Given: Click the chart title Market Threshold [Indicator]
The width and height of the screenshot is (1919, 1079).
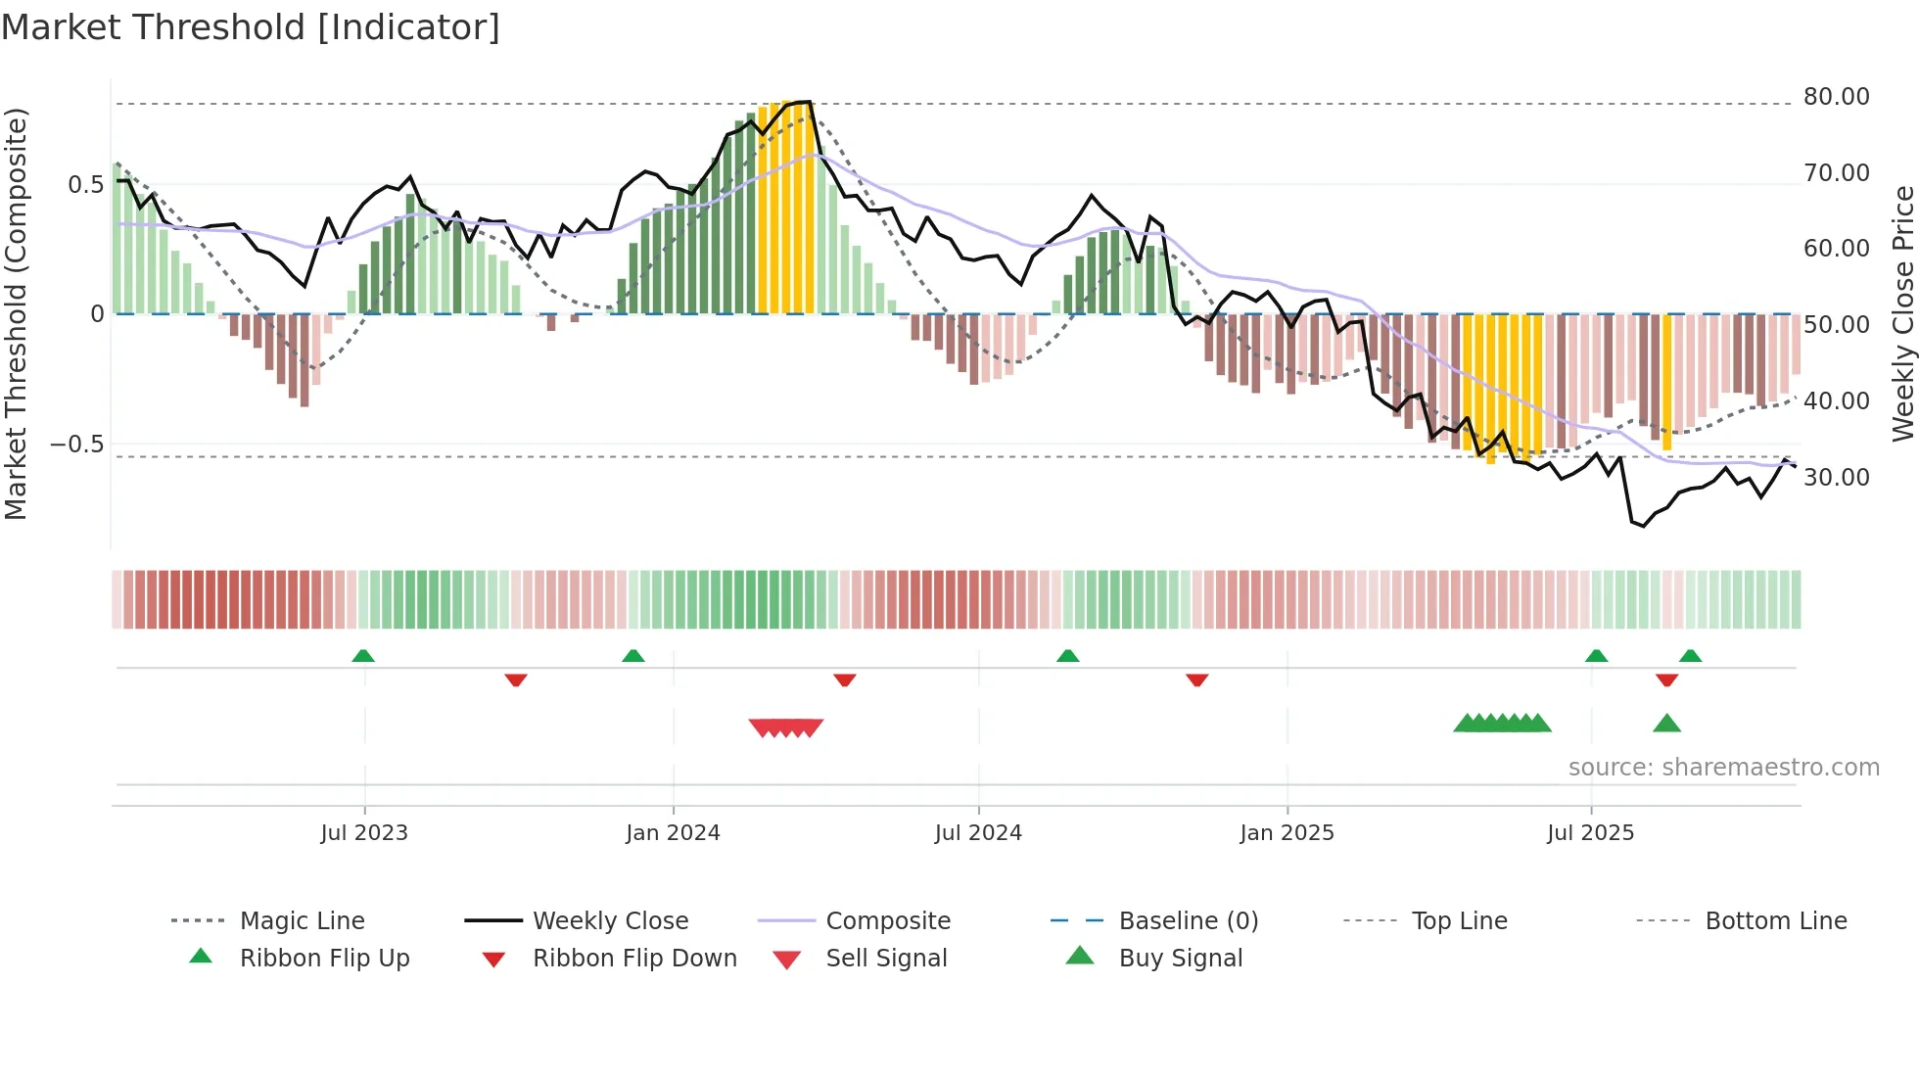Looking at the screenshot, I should click(x=251, y=27).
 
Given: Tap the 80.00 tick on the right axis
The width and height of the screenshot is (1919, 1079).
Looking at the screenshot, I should click(x=1836, y=97).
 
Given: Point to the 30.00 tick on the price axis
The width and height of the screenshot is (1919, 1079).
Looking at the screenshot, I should click(x=1836, y=478).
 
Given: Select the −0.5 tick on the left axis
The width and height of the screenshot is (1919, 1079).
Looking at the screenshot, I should click(x=76, y=445).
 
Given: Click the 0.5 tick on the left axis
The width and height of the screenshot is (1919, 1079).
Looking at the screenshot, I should click(x=85, y=185).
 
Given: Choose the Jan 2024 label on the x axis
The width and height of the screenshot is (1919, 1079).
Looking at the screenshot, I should click(x=673, y=833).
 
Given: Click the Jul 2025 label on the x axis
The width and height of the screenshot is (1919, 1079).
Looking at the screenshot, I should click(x=1590, y=833).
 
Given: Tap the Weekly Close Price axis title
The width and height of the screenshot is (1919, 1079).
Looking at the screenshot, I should click(x=1902, y=313).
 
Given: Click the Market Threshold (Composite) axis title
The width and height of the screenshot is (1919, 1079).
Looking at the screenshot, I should click(x=16, y=313).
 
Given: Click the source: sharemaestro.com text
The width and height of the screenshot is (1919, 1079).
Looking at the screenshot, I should click(x=1723, y=768).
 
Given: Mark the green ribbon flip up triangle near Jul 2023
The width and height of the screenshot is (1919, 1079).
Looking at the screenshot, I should click(x=363, y=656).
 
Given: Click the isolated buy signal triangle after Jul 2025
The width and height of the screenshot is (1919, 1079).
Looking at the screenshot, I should click(x=1666, y=725).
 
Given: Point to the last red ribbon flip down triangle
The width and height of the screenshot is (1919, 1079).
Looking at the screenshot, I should click(x=1666, y=680).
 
